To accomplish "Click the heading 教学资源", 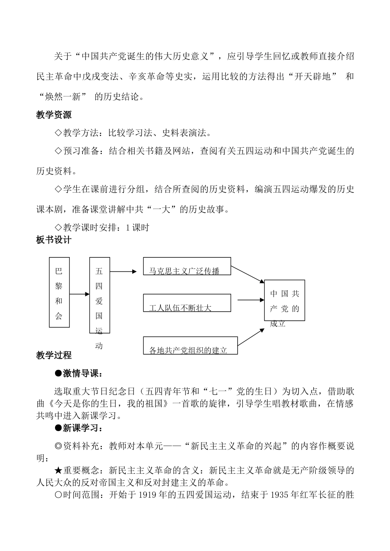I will [54, 115].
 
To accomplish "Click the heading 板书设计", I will [54, 240].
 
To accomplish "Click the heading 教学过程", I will [54, 355].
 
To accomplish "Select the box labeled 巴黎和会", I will [59, 292].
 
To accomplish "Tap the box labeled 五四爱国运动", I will [99, 295].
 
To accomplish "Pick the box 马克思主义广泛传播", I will [187, 266].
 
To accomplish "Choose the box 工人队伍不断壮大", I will [187, 303].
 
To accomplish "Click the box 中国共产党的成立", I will [284, 301].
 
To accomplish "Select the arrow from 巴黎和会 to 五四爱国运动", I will [80, 294].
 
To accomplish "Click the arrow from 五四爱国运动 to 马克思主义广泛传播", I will [123, 271].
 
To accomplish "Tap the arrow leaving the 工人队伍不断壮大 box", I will [251, 300].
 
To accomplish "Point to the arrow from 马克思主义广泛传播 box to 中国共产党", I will [248, 274].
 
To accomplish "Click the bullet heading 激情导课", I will [79, 373].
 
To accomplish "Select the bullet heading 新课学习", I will [79, 428].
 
